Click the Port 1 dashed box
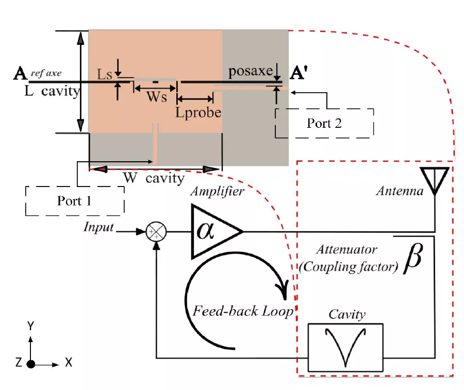click(75, 200)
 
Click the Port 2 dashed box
click(324, 123)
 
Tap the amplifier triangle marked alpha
click(214, 231)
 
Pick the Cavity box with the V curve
click(345, 347)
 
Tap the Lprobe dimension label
click(198, 112)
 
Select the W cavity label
click(153, 178)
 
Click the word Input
click(98, 227)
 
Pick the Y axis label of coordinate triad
click(31, 325)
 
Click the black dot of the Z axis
click(31, 364)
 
